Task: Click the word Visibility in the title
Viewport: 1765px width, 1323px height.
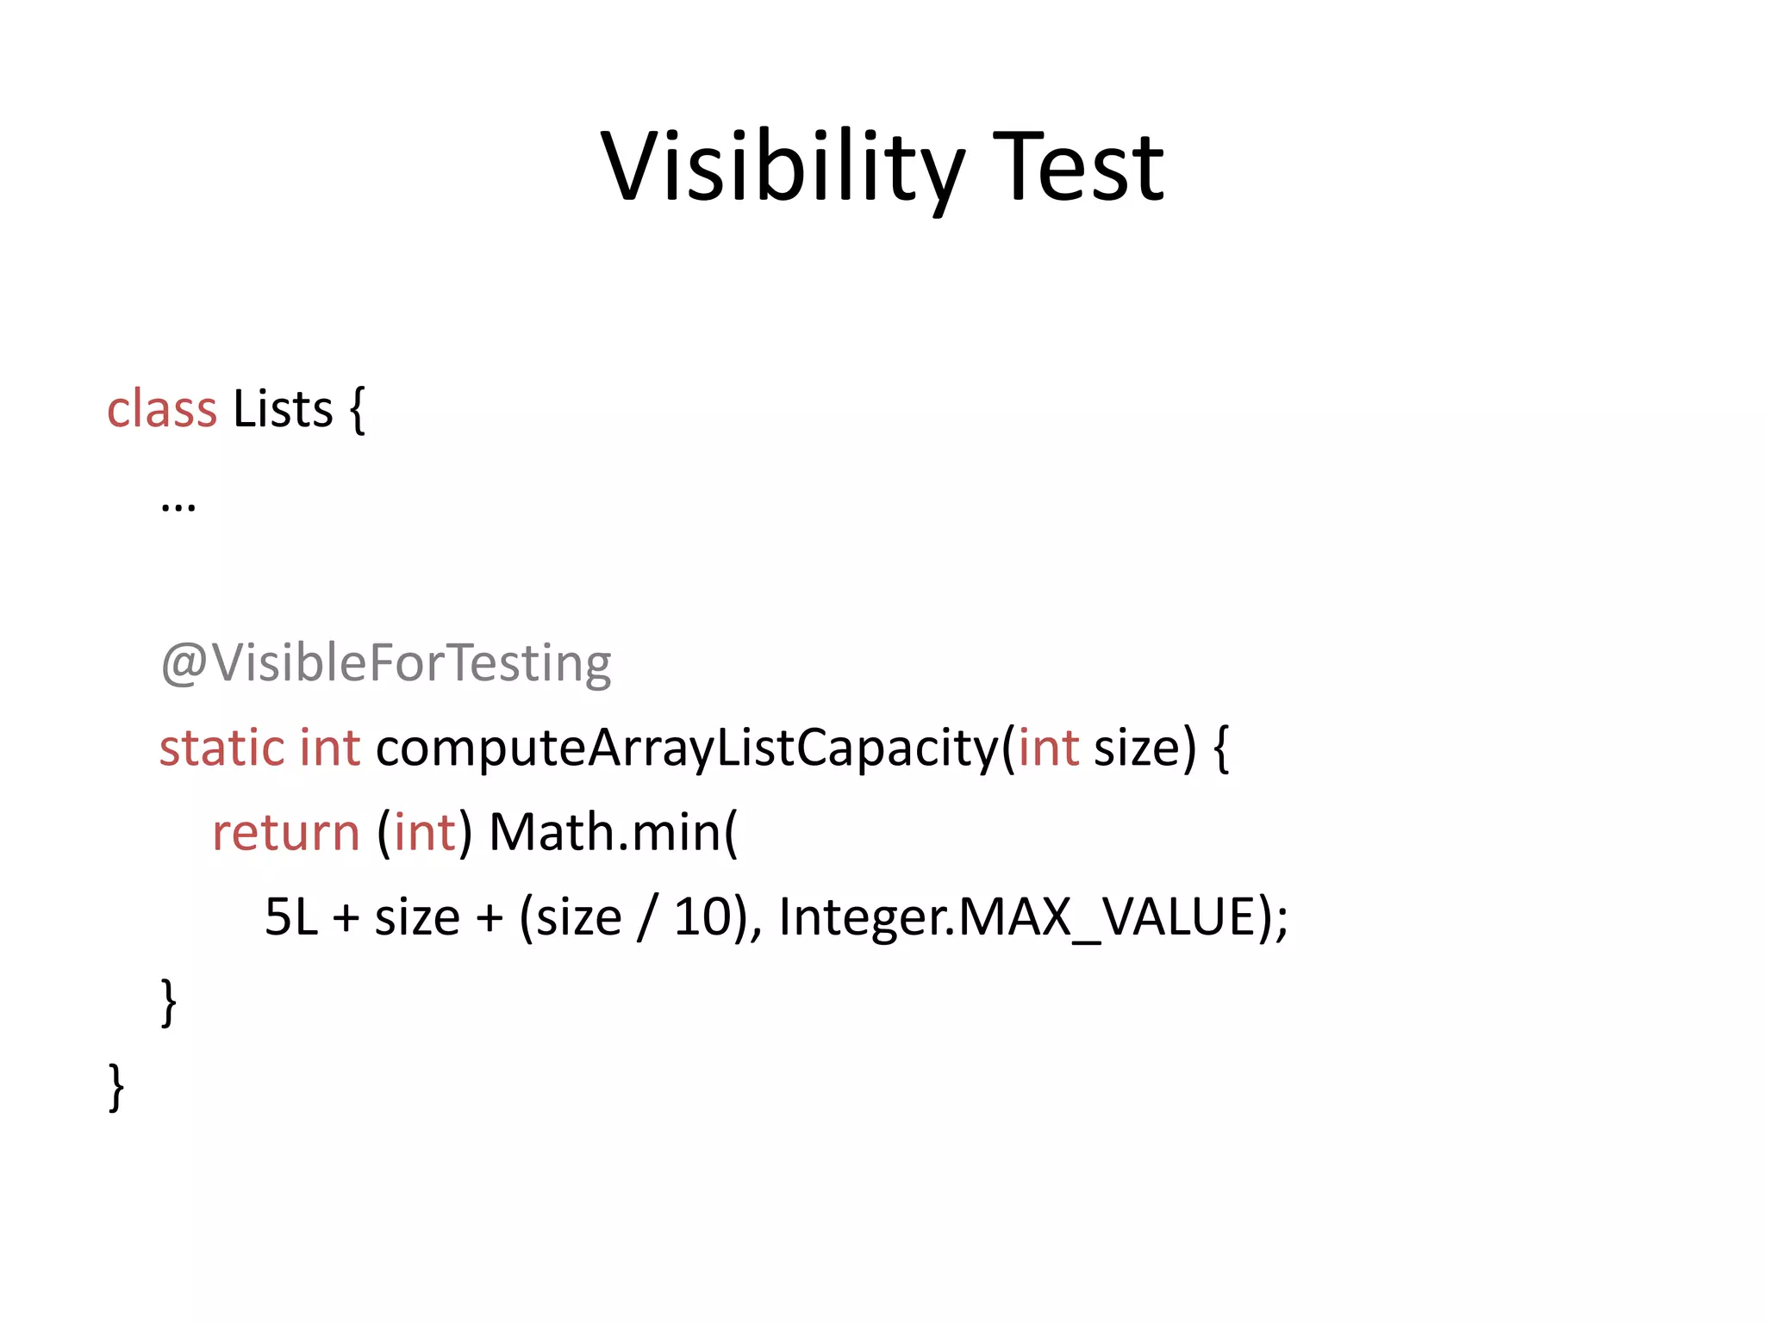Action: pos(782,166)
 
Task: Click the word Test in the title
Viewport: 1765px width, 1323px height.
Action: pos(1078,166)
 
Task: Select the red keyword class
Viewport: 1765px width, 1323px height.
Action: pos(161,408)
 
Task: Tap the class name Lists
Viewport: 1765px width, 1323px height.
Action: pos(283,408)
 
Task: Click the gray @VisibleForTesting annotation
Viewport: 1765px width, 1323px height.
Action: pos(386,663)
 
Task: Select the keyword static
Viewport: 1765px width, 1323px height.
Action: pos(221,747)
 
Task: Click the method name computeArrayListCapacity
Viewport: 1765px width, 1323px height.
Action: pos(687,747)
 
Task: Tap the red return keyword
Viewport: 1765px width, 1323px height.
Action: pos(285,832)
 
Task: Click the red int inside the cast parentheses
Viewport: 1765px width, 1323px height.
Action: pos(424,832)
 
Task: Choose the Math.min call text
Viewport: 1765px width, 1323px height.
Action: pos(613,832)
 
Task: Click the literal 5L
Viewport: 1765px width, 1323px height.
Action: pos(291,916)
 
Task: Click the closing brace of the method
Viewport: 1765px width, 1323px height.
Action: pos(169,1002)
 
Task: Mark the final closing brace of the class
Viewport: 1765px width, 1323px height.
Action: pos(116,1087)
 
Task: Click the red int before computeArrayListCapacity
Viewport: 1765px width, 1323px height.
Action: pos(329,747)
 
